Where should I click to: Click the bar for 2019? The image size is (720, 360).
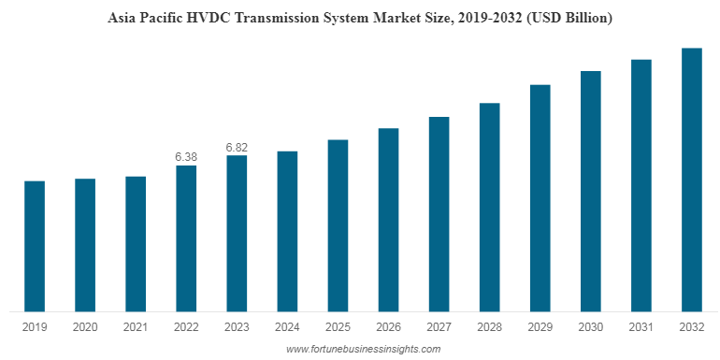point(35,246)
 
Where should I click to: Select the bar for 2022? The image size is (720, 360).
point(186,238)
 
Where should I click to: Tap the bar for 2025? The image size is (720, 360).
point(338,225)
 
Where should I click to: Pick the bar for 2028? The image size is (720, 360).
point(489,208)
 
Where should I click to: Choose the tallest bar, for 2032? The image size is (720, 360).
point(691,180)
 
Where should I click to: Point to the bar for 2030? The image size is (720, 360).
point(590,191)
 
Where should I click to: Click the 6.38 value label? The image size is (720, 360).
point(186,156)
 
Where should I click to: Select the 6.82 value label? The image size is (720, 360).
point(237,147)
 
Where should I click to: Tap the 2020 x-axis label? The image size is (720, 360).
point(85,326)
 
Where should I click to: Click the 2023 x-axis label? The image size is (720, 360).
point(237,326)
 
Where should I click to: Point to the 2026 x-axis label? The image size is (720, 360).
point(388,326)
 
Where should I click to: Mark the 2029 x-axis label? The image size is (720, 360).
point(540,326)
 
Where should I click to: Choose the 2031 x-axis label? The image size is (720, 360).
point(641,326)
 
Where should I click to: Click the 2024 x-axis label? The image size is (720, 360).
point(287,326)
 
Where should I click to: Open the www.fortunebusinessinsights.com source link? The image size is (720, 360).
point(363,349)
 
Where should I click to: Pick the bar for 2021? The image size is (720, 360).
point(136,243)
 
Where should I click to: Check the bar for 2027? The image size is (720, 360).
point(439,214)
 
